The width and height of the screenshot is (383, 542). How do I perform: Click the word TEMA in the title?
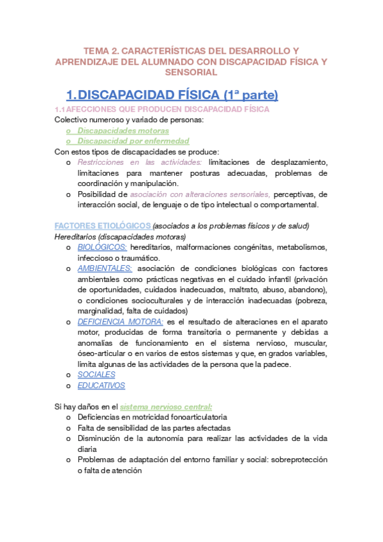click(98, 50)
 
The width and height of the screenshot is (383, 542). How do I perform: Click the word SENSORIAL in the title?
click(191, 73)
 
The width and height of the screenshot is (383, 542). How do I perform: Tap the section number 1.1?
click(61, 109)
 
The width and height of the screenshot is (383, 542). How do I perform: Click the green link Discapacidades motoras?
click(114, 130)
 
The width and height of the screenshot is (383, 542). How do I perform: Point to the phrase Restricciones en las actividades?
click(139, 162)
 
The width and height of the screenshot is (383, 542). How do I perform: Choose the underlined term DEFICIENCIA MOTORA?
click(120, 321)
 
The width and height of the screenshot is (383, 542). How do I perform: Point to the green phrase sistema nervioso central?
click(166, 406)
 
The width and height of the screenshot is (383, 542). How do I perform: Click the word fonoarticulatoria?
click(190, 417)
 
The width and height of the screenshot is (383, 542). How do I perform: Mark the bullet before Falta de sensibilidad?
click(68, 428)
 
